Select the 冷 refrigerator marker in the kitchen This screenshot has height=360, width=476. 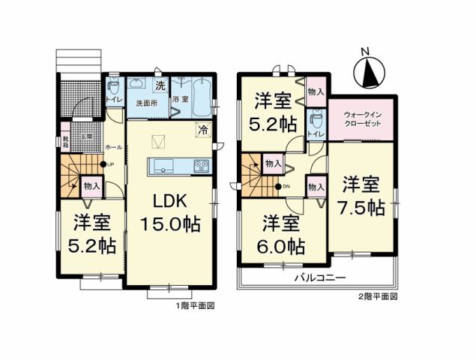202,129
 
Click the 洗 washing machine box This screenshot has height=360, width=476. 160,84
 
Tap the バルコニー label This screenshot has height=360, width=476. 319,277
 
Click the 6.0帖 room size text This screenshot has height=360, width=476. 283,245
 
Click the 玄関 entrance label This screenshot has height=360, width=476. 87,136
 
